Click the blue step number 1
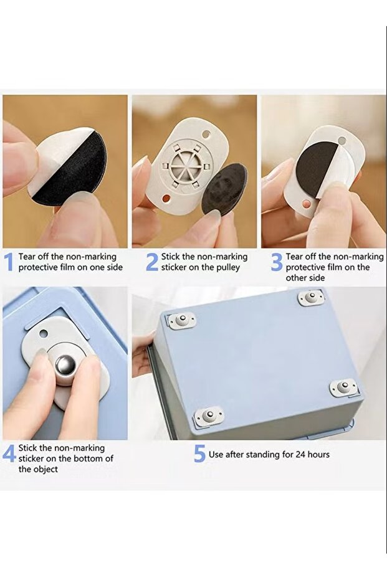coord(9,262)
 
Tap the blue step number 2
coord(153,262)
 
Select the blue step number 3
coord(277,262)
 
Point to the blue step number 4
coord(9,453)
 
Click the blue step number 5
coord(199,454)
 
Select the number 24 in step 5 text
coord(300,454)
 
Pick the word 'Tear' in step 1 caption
coord(26,257)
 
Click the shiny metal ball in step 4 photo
coord(66,366)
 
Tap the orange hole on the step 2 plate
coord(166,199)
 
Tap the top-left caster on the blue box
coord(182,320)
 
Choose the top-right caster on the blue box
coord(312,297)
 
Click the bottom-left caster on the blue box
coord(209,416)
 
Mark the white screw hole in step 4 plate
coord(44,333)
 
